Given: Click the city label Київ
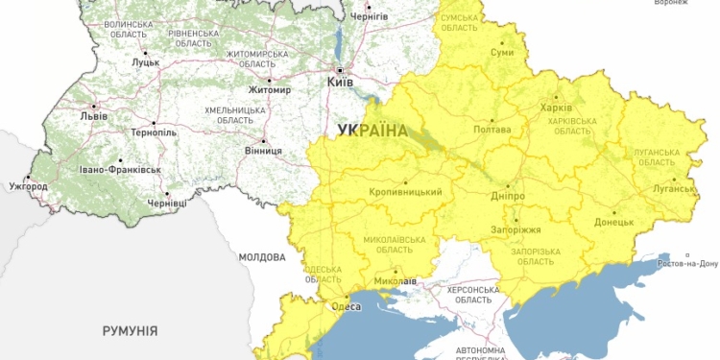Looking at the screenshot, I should pyautogui.click(x=340, y=84).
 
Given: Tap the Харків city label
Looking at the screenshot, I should pyautogui.click(x=556, y=108).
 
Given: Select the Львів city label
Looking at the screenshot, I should pyautogui.click(x=93, y=116).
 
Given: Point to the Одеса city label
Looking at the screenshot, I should pyautogui.click(x=346, y=306).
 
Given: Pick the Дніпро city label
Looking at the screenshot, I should pyautogui.click(x=506, y=196).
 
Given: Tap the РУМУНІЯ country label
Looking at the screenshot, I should pyautogui.click(x=130, y=330).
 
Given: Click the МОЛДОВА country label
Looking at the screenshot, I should pyautogui.click(x=262, y=258).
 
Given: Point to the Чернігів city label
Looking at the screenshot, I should pyautogui.click(x=370, y=16).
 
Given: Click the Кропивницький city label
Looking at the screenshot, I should pyautogui.click(x=405, y=193).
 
